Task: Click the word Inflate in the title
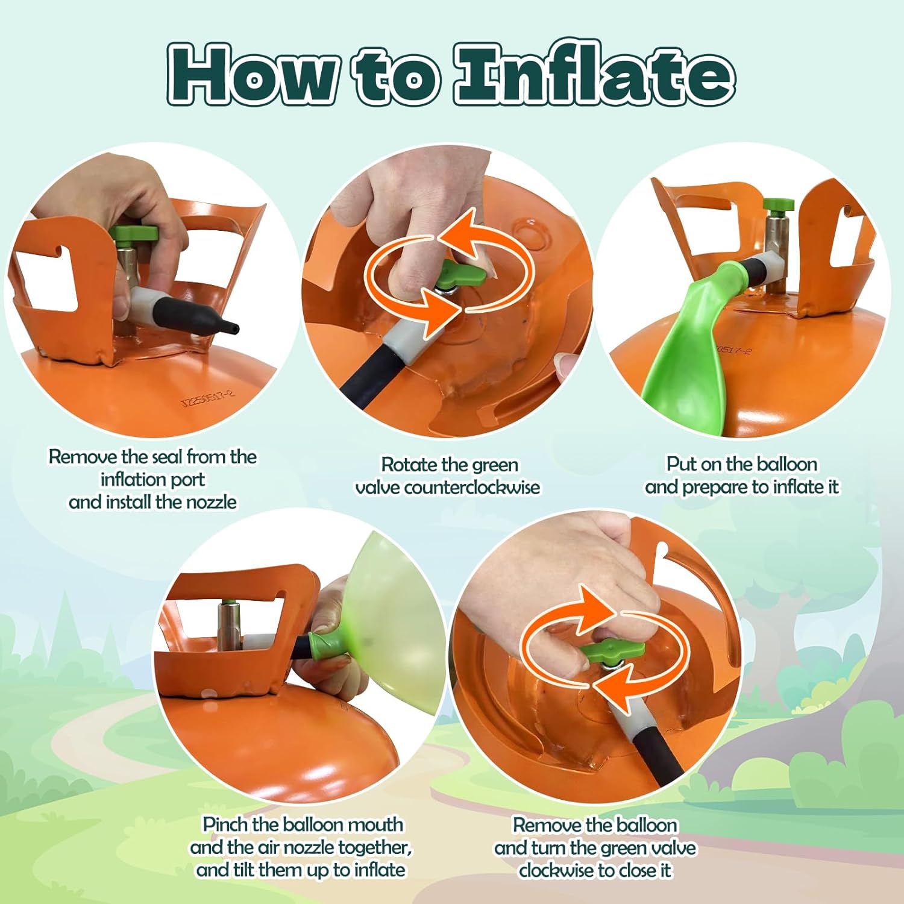(x=594, y=74)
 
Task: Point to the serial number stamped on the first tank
(x=209, y=397)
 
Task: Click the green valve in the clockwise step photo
(x=614, y=651)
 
